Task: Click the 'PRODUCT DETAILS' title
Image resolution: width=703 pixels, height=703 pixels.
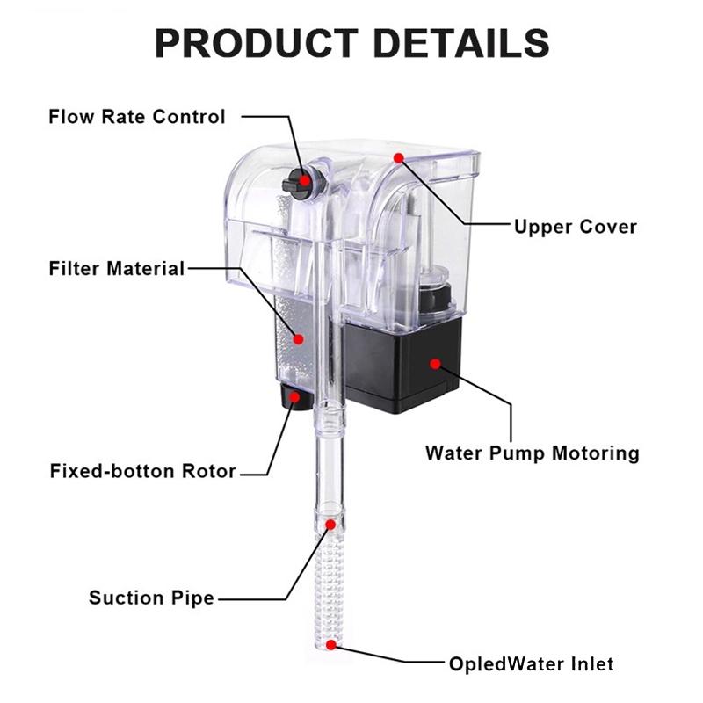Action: pyautogui.click(x=351, y=42)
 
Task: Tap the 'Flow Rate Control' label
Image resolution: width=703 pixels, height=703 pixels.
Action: pyautogui.click(x=137, y=117)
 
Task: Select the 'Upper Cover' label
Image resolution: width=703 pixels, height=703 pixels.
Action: pyautogui.click(x=576, y=227)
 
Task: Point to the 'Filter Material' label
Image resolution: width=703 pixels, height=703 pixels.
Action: pyautogui.click(x=117, y=268)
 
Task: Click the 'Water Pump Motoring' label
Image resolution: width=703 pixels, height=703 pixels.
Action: pyautogui.click(x=532, y=453)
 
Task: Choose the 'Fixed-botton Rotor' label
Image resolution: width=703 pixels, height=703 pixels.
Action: pyautogui.click(x=143, y=471)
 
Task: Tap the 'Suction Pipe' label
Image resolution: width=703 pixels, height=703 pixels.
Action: pyautogui.click(x=151, y=598)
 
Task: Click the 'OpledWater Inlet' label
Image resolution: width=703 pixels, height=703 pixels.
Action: pyautogui.click(x=531, y=663)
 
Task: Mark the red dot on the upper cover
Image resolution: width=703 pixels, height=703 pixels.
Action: pyautogui.click(x=399, y=158)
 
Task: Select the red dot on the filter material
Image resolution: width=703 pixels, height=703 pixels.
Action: pyautogui.click(x=298, y=339)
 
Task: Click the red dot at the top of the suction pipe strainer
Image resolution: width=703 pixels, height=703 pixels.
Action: pyautogui.click(x=330, y=525)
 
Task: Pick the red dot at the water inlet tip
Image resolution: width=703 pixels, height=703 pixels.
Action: pyautogui.click(x=330, y=644)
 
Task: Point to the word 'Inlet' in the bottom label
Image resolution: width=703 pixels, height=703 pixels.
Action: pyautogui.click(x=591, y=663)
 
